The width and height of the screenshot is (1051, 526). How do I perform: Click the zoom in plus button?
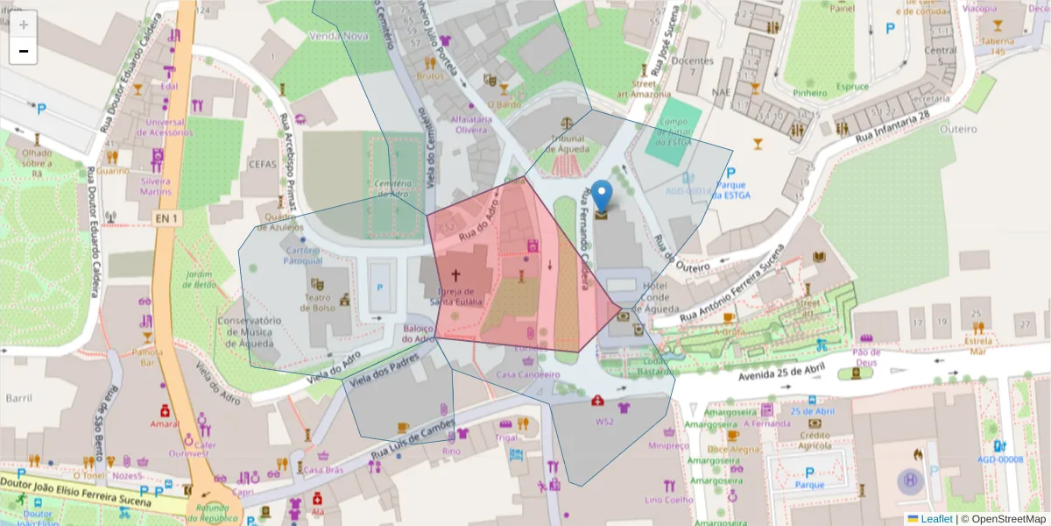pos(24,25)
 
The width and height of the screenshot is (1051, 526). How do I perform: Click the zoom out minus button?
pos(24,51)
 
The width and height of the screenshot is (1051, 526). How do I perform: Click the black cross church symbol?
pos(455,274)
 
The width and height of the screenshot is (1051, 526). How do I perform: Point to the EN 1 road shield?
pos(166,217)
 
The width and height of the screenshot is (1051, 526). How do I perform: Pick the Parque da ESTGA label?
pos(730,190)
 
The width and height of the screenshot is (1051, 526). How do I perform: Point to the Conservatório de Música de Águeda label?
pos(249,333)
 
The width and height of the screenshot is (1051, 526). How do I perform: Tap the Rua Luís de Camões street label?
pos(413,442)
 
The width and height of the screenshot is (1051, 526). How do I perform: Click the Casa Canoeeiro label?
pos(527,374)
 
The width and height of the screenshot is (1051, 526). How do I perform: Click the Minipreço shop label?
pos(669,445)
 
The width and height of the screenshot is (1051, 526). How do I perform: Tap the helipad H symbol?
pos(910,480)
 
